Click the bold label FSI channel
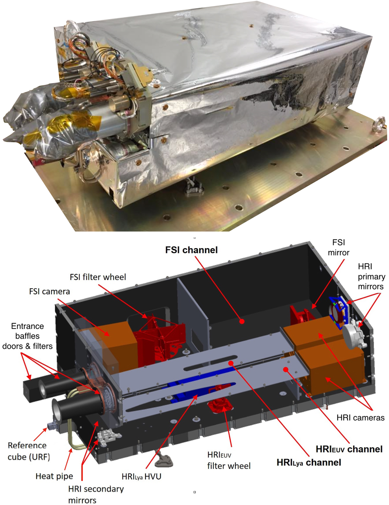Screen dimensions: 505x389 coord(191,250)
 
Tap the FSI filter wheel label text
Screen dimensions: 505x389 coord(98,277)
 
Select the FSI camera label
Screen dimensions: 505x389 coord(49,292)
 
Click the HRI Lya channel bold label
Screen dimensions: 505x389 coord(309,463)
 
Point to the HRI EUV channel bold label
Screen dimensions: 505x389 coord(349,449)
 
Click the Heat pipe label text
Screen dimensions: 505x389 coord(54,476)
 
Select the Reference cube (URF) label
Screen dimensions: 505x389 coord(29,451)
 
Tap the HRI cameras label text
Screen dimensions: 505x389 coord(360,418)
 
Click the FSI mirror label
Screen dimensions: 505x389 coord(338,247)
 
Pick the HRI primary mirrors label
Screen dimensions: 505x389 coord(371,277)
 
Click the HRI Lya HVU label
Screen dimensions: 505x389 coord(141,476)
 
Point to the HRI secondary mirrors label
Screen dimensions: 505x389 coord(96,494)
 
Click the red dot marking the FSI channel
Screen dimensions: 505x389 coord(242,321)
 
